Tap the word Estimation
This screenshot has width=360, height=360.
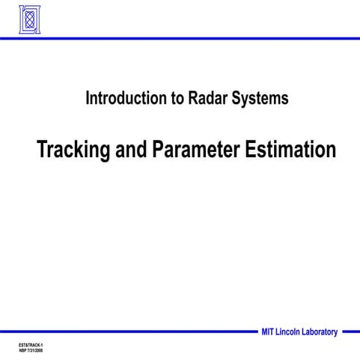[x=290, y=149]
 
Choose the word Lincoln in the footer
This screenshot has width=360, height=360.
[x=293, y=332]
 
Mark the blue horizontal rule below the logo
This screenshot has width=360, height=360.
[x=180, y=37]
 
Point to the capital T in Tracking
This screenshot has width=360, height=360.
[x=43, y=149]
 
